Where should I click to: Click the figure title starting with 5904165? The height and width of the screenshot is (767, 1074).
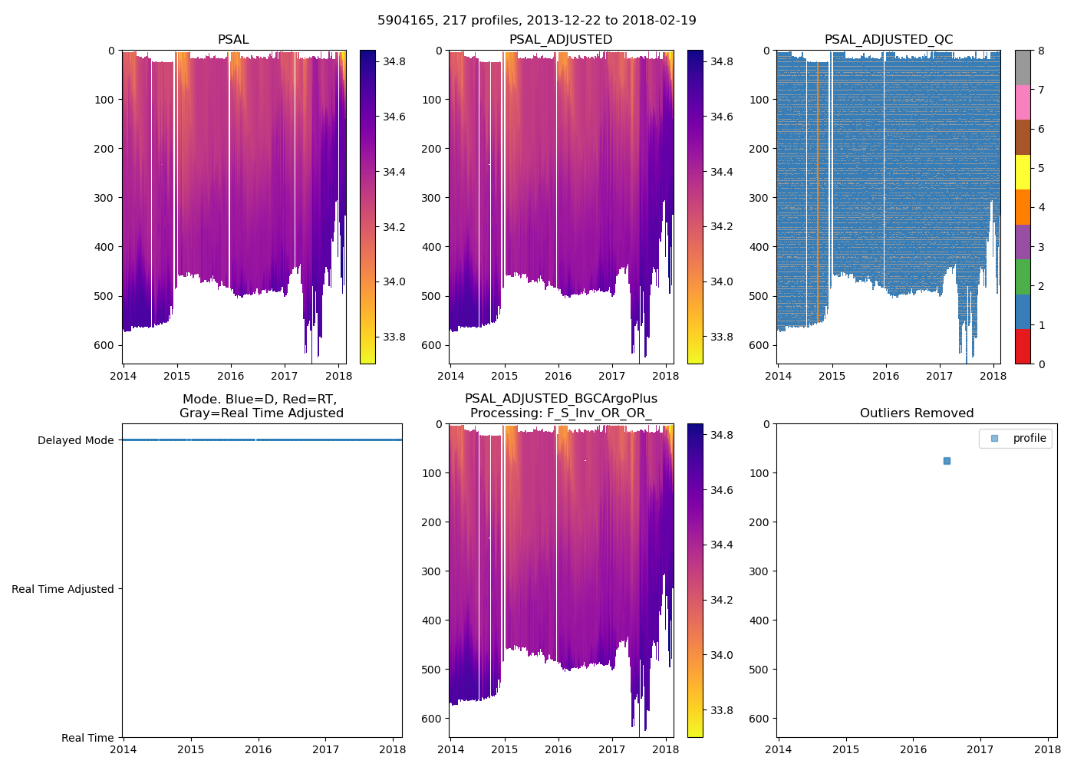point(536,21)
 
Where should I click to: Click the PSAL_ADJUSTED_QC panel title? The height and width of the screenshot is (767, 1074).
point(888,40)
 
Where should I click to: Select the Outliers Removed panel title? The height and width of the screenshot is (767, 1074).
point(916,413)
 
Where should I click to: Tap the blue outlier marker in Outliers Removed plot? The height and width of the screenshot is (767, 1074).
point(947,461)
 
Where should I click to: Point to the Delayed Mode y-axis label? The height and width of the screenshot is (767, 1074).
point(75,440)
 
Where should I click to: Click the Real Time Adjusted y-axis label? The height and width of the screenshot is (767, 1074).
point(63,589)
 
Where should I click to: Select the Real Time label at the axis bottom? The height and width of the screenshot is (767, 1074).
point(87,738)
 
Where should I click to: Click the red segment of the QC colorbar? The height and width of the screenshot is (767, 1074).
point(1023,346)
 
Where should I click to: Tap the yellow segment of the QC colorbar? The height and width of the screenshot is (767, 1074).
point(1023,172)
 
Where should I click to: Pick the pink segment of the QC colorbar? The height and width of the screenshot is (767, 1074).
point(1023,102)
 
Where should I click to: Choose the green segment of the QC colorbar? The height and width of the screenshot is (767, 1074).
point(1023,276)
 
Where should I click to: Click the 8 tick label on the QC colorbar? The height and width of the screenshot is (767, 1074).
point(1041,51)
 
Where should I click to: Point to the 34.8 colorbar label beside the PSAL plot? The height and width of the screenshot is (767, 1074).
point(394,61)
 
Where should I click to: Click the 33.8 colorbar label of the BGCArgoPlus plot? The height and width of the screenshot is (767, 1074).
point(721,710)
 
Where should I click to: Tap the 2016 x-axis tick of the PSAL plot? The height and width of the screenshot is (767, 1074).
point(230,376)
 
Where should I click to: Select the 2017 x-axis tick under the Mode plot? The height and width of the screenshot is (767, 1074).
point(325,749)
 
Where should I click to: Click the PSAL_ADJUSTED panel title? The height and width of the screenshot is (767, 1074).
point(561,40)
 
